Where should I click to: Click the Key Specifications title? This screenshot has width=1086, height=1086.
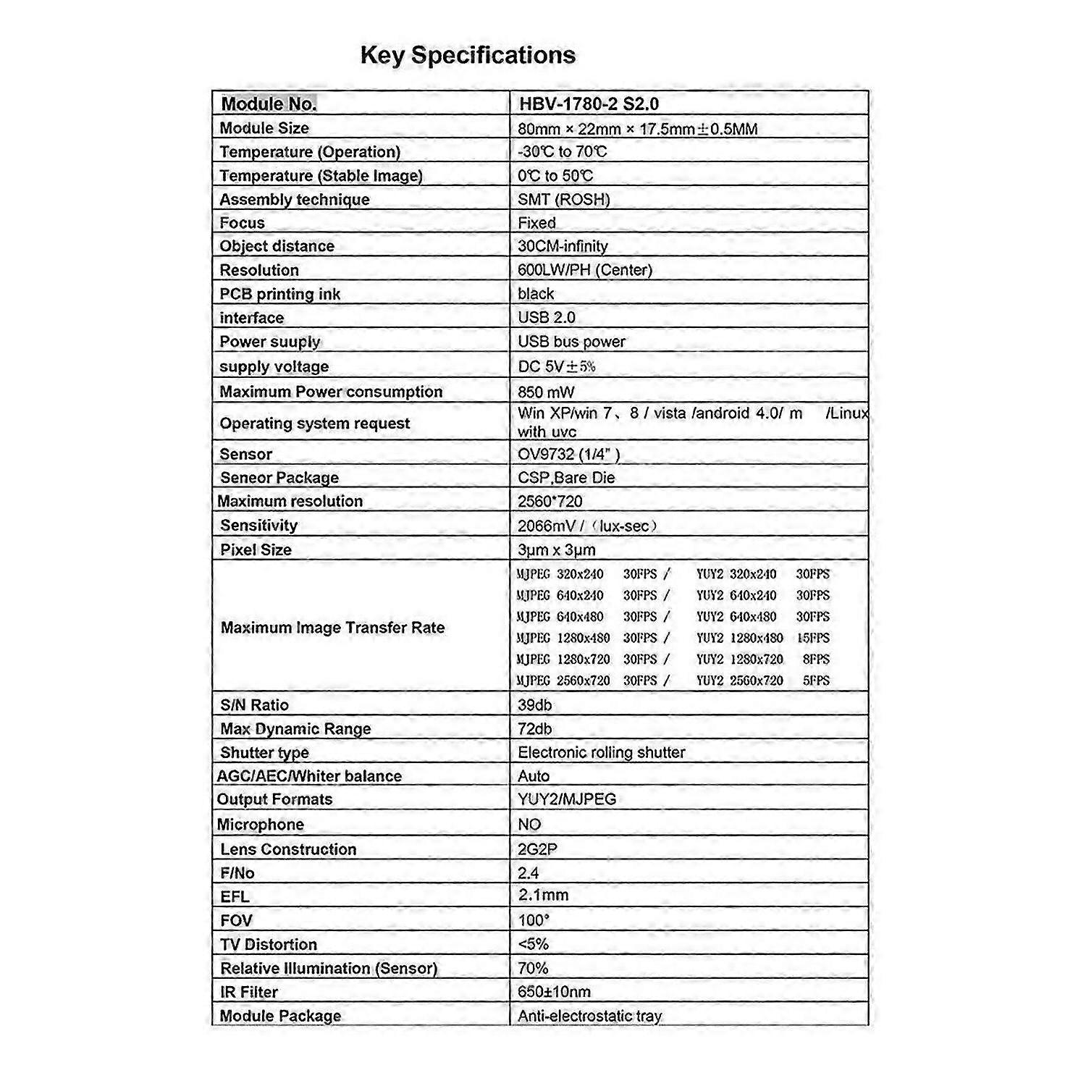click(x=468, y=56)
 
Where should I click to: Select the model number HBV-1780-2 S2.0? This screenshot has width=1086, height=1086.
click(x=589, y=104)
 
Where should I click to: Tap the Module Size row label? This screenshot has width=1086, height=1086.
click(x=264, y=128)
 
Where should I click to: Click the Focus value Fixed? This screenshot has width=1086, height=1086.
click(x=536, y=223)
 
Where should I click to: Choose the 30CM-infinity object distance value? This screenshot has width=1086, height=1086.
click(x=563, y=246)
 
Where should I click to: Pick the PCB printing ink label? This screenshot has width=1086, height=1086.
click(x=279, y=294)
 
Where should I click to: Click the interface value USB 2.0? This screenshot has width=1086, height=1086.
click(x=546, y=317)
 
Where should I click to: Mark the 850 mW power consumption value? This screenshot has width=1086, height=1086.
click(x=546, y=392)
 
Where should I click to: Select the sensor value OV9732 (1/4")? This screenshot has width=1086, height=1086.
click(x=568, y=455)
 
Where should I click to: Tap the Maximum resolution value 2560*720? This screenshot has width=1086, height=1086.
click(x=550, y=501)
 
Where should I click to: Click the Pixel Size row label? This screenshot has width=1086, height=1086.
click(x=256, y=550)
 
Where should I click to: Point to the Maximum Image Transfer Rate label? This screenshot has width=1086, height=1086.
click(x=332, y=628)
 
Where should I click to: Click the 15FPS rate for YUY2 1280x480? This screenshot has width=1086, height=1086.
click(x=813, y=639)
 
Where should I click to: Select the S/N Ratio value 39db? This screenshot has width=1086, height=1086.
click(x=534, y=705)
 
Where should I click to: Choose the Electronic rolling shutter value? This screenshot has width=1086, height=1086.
click(x=601, y=753)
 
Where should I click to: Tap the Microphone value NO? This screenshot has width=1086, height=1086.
click(x=529, y=825)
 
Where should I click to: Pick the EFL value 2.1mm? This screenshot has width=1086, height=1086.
click(x=543, y=896)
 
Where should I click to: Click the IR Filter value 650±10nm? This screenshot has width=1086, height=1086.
click(x=554, y=992)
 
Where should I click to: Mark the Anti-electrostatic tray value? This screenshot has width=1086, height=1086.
click(x=589, y=1016)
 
